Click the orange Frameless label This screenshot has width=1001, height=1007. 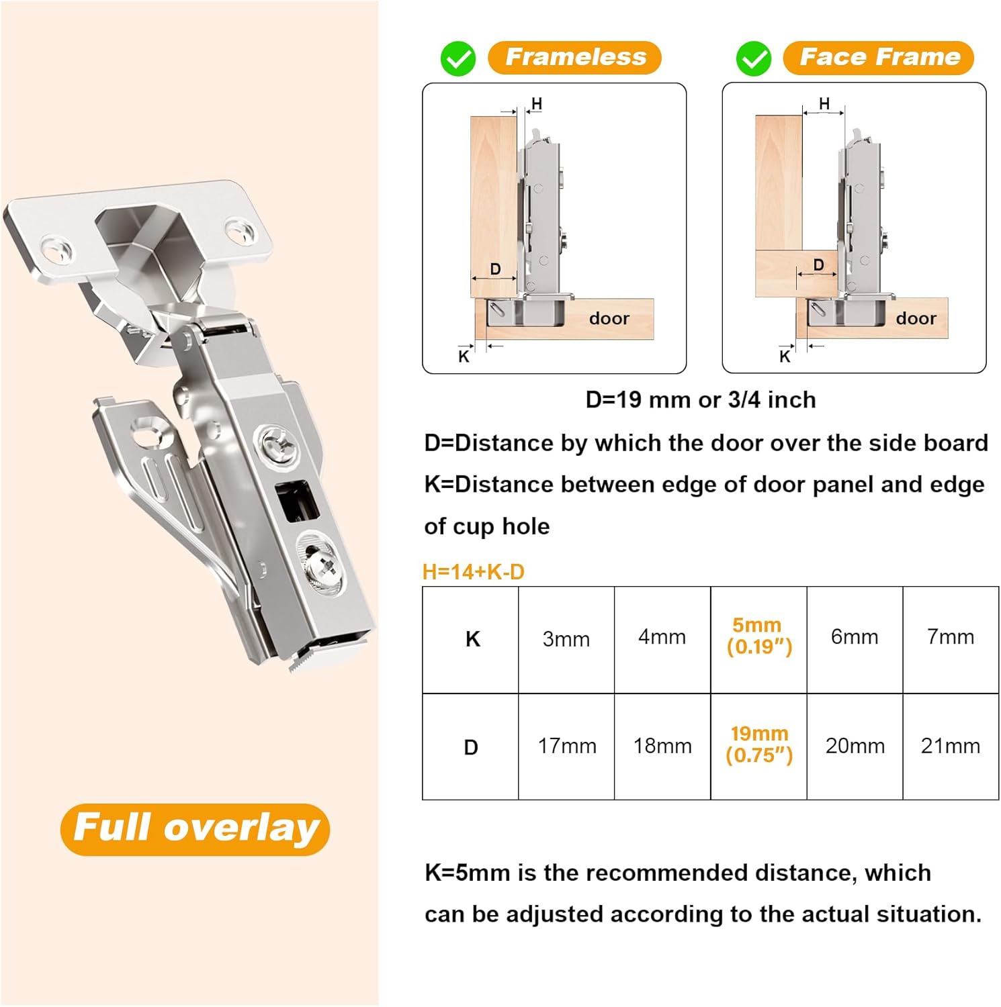point(574,58)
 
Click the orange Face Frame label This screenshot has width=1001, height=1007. point(879,58)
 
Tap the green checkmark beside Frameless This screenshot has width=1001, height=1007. point(458,59)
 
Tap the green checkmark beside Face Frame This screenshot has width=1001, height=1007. point(754,59)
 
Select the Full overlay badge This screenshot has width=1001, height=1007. point(195,828)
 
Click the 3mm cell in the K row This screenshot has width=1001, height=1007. point(566,639)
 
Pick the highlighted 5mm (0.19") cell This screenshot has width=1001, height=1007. point(758,636)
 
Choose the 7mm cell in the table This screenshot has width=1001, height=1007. point(950,637)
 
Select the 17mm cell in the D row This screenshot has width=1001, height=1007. point(566,746)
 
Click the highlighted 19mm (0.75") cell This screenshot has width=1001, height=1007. point(758,745)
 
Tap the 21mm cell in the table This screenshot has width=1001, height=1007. point(950,746)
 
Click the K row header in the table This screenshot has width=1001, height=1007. point(472,639)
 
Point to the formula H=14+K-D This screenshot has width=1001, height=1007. point(473,572)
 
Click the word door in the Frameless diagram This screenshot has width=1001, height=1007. point(609,318)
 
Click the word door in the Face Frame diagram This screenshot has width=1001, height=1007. point(916,318)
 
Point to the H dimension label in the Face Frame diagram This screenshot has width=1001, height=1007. point(824,103)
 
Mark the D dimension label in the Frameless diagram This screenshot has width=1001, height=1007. point(495,269)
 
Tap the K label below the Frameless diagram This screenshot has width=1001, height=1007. point(464,356)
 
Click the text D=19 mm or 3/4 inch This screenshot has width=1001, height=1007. point(700,400)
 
